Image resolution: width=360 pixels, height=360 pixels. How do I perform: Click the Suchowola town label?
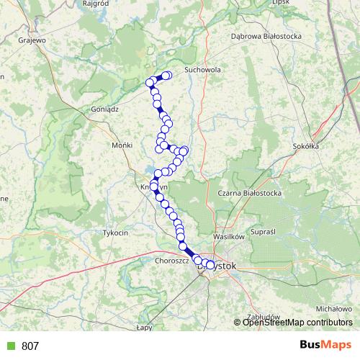(202, 71)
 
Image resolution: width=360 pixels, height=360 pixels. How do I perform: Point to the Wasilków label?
(230, 236)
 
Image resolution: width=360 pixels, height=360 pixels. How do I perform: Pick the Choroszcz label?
(171, 261)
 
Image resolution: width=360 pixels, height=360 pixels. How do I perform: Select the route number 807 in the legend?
(30, 346)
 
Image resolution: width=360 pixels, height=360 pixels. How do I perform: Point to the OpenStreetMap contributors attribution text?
(297, 323)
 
